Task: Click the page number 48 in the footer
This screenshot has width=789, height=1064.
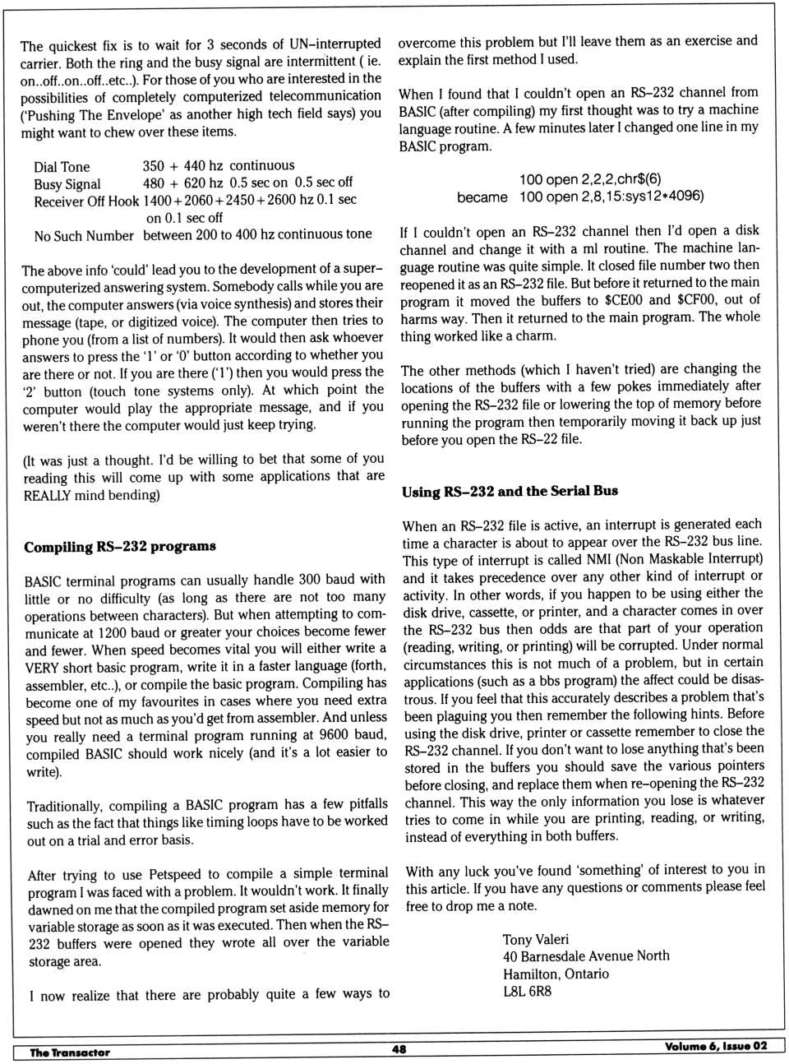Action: coord(399,1049)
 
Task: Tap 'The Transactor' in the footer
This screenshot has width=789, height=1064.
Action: coord(70,1052)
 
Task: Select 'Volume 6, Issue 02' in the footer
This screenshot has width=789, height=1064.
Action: coord(716,1046)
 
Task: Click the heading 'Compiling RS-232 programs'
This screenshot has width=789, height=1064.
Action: coord(120,547)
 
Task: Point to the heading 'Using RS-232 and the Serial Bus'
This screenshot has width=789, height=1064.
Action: coord(510,492)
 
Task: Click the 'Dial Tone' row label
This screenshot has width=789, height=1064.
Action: coord(62,167)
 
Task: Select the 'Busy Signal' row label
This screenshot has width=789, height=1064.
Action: coord(67,184)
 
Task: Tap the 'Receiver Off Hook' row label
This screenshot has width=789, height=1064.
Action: coord(86,201)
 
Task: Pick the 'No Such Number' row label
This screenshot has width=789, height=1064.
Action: coord(84,236)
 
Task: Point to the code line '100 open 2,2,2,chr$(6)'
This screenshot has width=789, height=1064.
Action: coord(589,179)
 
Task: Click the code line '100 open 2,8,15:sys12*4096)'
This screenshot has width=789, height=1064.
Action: coord(611,197)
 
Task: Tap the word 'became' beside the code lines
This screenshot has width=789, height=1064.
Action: coord(482,197)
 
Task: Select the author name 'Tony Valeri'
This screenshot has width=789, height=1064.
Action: coord(536,939)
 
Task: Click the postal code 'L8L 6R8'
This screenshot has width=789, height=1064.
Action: coord(527,991)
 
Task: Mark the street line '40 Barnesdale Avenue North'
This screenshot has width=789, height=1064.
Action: coord(586,956)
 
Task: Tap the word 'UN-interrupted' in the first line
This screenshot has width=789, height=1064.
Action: coord(335,44)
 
